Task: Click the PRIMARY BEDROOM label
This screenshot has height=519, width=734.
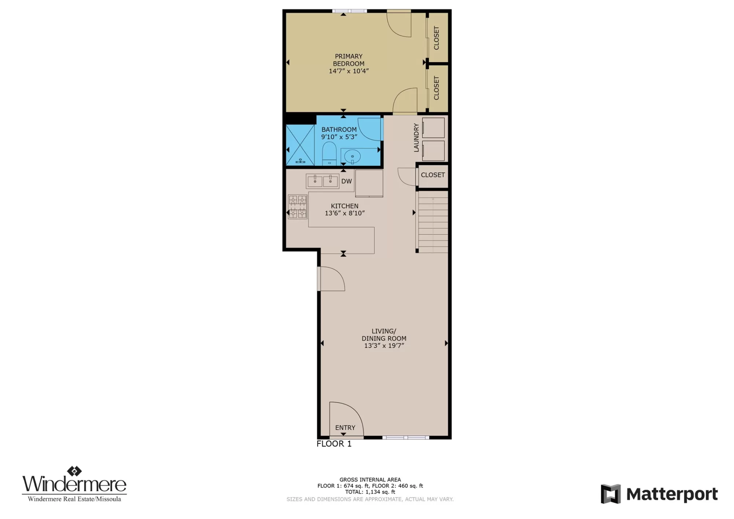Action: [349, 60]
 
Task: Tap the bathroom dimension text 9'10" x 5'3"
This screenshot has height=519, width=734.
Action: [339, 137]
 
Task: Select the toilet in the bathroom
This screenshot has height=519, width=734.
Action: [329, 154]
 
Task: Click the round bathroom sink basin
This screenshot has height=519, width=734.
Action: [352, 157]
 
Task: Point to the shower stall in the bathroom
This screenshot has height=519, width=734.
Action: [300, 145]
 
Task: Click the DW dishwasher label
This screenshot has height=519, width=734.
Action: [346, 181]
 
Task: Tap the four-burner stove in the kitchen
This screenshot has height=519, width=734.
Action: [297, 206]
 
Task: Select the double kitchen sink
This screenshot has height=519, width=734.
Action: [323, 181]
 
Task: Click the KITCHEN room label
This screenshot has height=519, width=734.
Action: [345, 206]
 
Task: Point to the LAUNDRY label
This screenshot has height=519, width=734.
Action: [416, 138]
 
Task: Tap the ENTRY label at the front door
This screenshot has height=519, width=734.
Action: [345, 428]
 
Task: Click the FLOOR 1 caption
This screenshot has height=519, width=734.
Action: [334, 444]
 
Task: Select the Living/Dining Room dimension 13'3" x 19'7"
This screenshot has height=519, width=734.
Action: [384, 346]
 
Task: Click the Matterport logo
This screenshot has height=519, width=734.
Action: [659, 494]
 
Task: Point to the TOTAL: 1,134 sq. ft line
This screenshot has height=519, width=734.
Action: [370, 492]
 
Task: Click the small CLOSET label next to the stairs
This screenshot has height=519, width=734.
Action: [433, 175]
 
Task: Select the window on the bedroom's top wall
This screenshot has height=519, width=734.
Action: [349, 11]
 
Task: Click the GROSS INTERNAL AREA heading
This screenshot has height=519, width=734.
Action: [370, 480]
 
